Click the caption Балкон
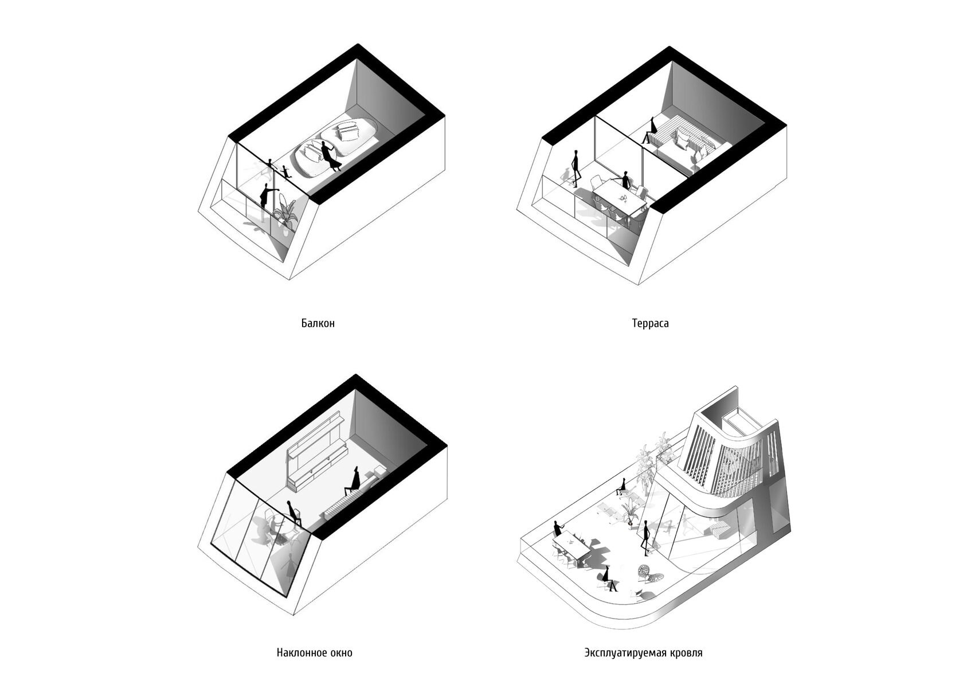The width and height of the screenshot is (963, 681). (318, 323)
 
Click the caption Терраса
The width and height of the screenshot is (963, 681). (650, 323)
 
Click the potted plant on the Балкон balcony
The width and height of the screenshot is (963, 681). (285, 217)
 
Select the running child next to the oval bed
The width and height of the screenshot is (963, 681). (285, 172)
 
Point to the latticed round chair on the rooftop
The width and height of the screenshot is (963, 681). (645, 572)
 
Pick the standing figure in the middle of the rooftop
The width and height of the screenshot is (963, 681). (645, 538)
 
